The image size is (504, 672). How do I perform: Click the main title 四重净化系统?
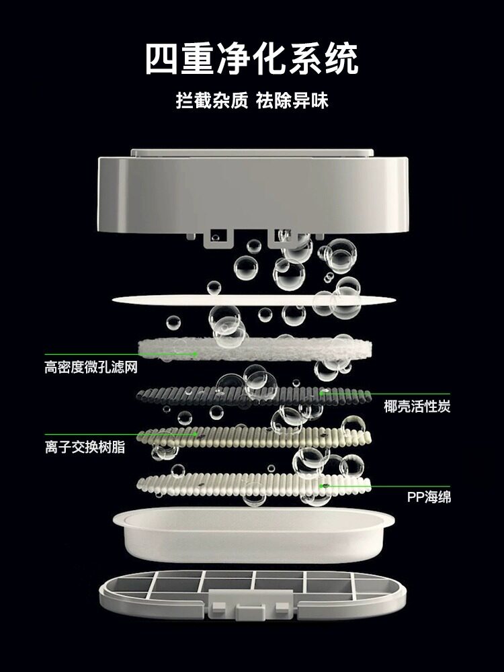(251, 58)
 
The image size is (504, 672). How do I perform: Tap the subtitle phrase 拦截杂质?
(212, 101)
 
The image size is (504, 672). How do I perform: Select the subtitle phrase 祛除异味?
(292, 101)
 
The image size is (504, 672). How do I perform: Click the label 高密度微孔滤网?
(91, 368)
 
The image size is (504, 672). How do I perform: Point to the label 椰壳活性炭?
(417, 406)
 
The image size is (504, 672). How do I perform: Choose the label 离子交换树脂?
(85, 447)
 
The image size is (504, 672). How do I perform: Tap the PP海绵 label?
(429, 497)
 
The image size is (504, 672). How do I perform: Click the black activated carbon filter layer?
(253, 397)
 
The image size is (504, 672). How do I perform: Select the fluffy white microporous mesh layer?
(255, 349)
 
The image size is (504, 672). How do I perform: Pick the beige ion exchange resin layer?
(254, 437)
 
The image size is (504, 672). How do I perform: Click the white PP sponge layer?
(254, 485)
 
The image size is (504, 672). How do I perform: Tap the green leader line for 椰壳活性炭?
(385, 393)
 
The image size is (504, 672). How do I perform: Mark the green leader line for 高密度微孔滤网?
(121, 354)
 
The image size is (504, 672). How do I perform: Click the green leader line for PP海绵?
(386, 486)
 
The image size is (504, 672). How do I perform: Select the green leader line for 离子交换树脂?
(121, 434)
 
